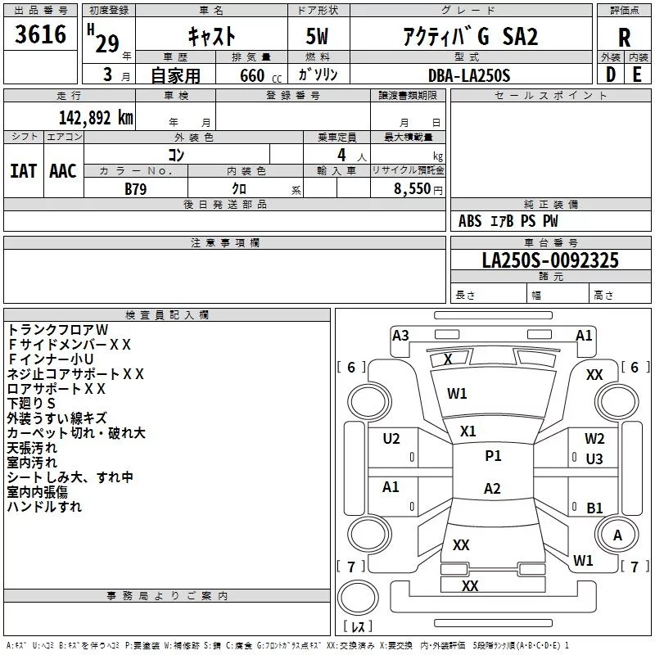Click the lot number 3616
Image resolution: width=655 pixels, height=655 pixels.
tap(40, 34)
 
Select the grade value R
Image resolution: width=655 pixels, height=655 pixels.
tap(624, 38)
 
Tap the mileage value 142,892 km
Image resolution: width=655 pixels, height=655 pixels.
tap(96, 118)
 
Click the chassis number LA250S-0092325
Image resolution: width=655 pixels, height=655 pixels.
tap(550, 260)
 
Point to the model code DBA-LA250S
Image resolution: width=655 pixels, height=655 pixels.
tap(469, 75)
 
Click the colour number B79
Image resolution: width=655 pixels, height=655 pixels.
tap(135, 189)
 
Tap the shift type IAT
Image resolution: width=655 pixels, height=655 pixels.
tap(23, 171)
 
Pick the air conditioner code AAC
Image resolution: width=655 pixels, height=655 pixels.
tap(63, 171)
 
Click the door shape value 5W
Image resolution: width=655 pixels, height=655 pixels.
tap(317, 36)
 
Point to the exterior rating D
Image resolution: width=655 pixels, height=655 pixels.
tap(610, 75)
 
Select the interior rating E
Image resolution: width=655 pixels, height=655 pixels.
tap(637, 75)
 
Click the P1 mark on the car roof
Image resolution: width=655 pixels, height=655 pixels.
tap(493, 456)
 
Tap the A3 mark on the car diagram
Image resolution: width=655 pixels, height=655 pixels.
tap(400, 336)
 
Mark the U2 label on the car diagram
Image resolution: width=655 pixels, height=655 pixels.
tap(391, 439)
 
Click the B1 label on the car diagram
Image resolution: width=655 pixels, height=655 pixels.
tap(594, 508)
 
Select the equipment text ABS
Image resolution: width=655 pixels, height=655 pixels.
tap(470, 221)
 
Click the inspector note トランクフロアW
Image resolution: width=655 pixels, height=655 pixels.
tap(57, 330)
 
